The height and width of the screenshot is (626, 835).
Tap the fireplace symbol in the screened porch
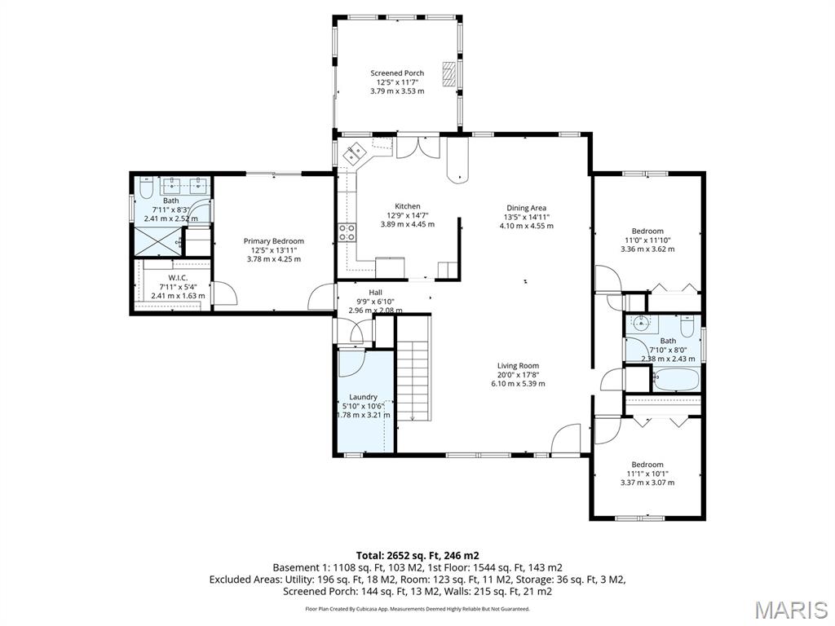[x=449, y=73]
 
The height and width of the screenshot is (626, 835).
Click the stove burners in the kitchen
[x=347, y=232]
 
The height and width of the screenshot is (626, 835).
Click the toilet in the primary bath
[x=147, y=187]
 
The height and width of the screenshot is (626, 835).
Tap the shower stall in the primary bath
[x=158, y=240]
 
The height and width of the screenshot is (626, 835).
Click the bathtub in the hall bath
[x=676, y=380]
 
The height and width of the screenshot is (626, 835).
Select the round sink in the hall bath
[x=642, y=322]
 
